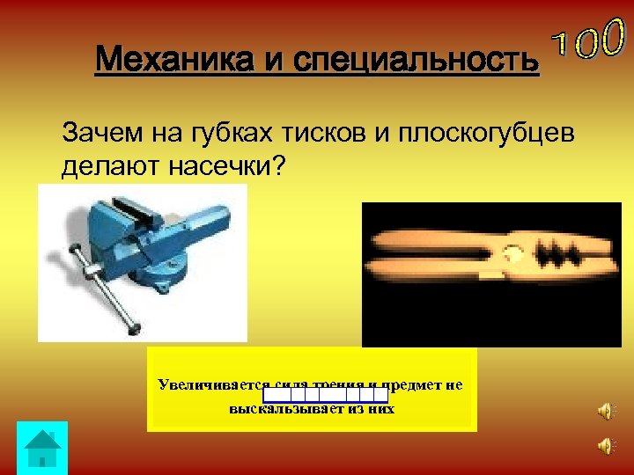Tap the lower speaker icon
[605, 446]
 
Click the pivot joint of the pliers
[512, 256]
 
